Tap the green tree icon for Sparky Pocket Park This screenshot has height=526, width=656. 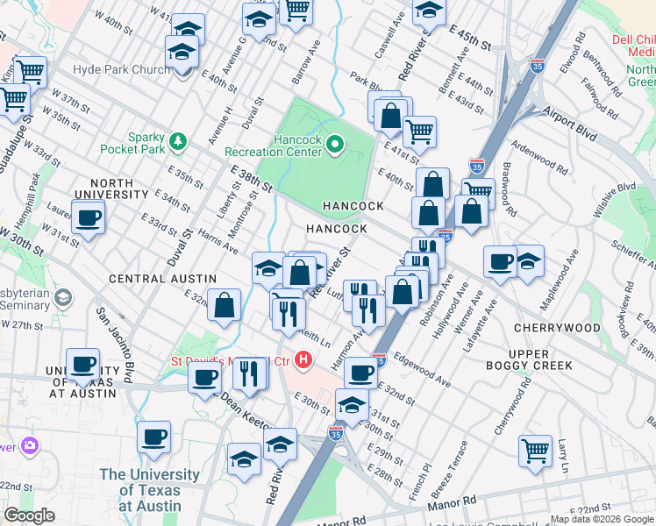[x=178, y=140]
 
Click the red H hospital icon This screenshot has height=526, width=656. [x=303, y=359]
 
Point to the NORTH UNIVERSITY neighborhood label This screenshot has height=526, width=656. [x=117, y=188]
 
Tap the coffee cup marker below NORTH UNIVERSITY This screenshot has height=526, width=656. [x=88, y=218]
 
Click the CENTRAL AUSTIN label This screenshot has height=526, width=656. [x=150, y=278]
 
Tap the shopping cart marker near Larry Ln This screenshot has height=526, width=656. [x=535, y=451]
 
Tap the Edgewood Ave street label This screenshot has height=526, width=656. [x=422, y=371]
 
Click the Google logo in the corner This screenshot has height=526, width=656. [x=30, y=515]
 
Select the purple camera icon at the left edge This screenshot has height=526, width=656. [x=29, y=445]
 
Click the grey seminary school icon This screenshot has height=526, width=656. [x=62, y=299]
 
